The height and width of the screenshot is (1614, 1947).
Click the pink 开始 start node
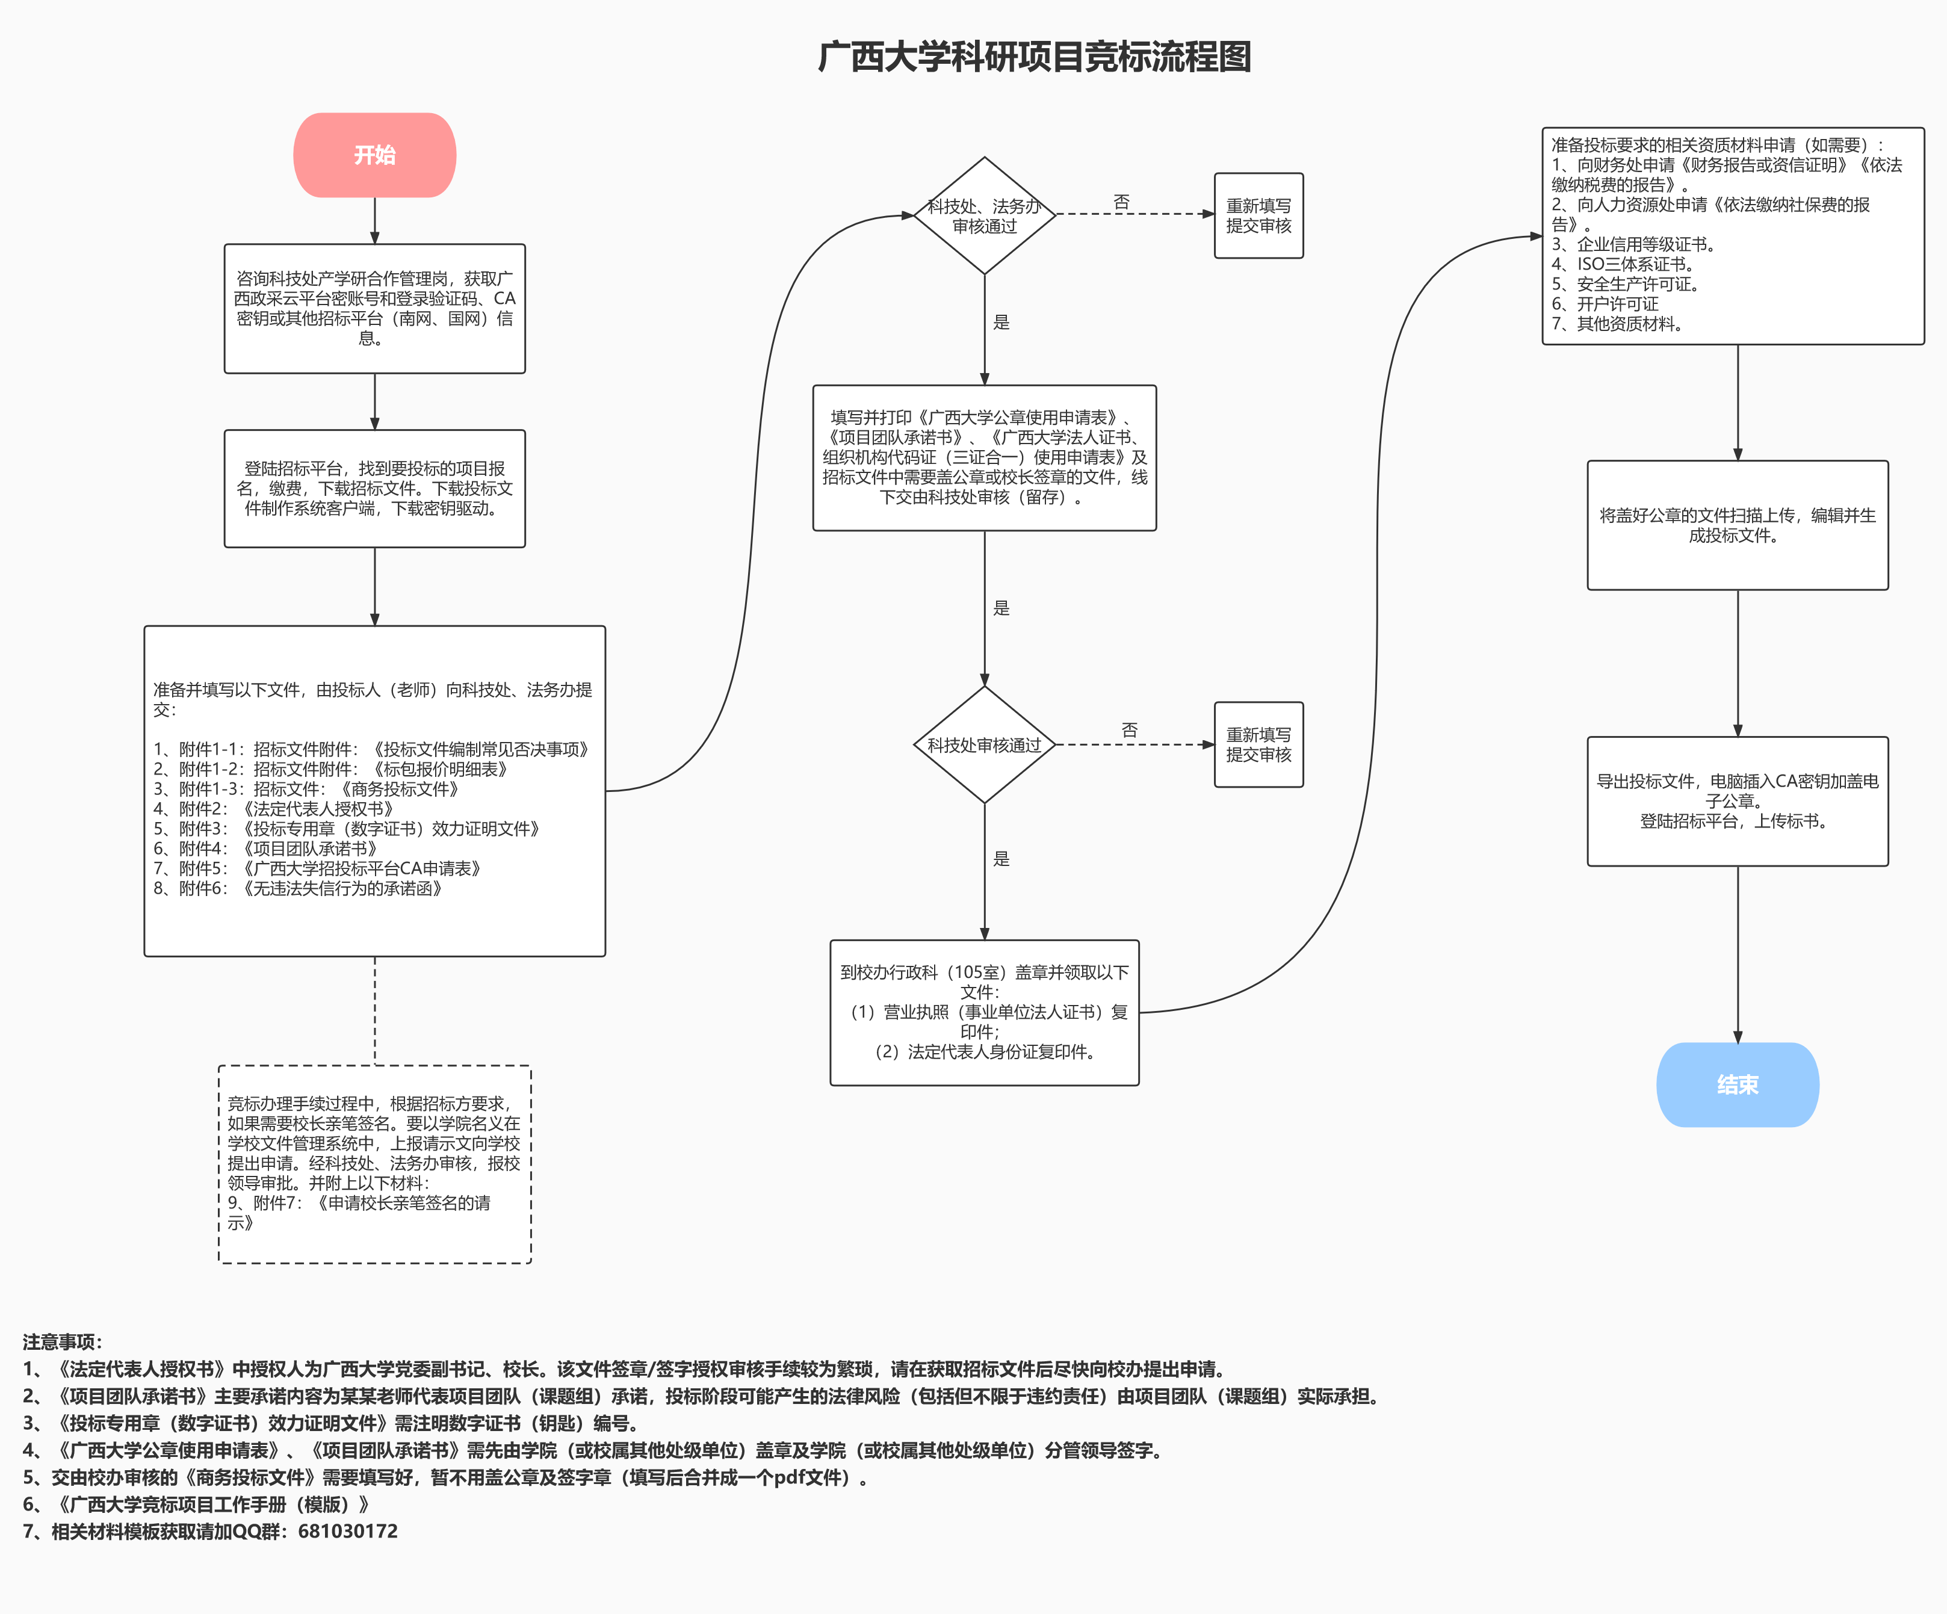click(x=374, y=155)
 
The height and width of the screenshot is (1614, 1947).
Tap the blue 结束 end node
click(x=1738, y=1084)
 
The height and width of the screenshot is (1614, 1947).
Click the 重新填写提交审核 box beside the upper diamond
click(x=1258, y=215)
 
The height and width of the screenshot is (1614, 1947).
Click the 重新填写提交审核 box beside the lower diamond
click(x=1258, y=744)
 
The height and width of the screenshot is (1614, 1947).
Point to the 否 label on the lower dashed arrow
click(x=1129, y=729)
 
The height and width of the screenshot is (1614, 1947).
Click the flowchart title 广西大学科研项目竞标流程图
click(x=1034, y=57)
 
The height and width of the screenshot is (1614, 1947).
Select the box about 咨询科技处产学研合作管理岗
click(x=374, y=308)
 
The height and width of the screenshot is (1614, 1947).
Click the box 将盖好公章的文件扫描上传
click(x=1738, y=525)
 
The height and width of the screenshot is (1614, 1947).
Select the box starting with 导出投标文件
click(x=1738, y=801)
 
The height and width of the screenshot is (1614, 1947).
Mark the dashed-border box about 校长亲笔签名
click(x=374, y=1163)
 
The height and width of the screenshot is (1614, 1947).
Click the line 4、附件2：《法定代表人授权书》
click(x=273, y=808)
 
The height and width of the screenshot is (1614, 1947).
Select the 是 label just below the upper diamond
click(x=1001, y=322)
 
